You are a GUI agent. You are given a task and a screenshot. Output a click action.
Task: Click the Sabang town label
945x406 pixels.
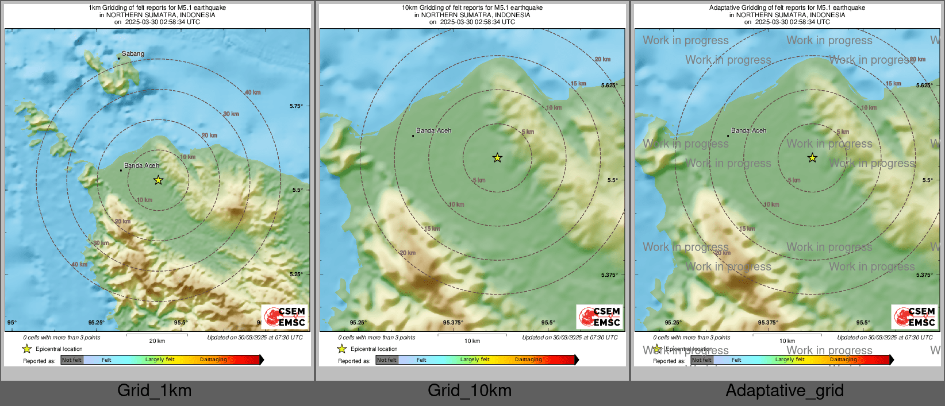pyautogui.click(x=133, y=53)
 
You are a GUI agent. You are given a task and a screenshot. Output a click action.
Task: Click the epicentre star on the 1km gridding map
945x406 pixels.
pyautogui.click(x=158, y=180)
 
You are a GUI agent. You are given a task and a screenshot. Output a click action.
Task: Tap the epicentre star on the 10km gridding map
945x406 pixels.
pyautogui.click(x=497, y=158)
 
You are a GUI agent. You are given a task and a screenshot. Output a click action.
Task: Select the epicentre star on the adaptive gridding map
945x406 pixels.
pyautogui.click(x=812, y=158)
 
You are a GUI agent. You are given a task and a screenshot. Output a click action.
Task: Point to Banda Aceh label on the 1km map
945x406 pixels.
pyautogui.click(x=141, y=165)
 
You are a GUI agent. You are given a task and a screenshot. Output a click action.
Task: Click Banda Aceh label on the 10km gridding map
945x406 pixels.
pyautogui.click(x=433, y=130)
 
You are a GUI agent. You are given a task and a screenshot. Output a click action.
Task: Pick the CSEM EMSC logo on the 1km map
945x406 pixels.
pyautogui.click(x=285, y=316)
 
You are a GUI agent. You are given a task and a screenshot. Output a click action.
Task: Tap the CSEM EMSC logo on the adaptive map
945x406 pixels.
pyautogui.click(x=915, y=316)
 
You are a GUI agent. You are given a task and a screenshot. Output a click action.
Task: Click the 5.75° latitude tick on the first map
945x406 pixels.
pyautogui.click(x=296, y=106)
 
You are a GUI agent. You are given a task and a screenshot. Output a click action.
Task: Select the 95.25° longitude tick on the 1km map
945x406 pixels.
pyautogui.click(x=97, y=323)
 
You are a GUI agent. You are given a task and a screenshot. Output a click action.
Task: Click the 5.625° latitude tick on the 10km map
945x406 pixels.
pyautogui.click(x=609, y=86)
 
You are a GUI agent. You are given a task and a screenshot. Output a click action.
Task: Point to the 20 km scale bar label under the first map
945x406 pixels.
pyautogui.click(x=157, y=341)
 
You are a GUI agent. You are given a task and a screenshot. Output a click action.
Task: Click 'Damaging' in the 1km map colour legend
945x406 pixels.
pyautogui.click(x=213, y=360)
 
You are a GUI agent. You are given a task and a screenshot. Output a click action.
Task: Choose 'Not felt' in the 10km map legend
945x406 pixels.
pyautogui.click(x=387, y=360)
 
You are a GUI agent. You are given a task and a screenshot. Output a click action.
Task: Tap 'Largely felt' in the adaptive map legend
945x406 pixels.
pyautogui.click(x=790, y=360)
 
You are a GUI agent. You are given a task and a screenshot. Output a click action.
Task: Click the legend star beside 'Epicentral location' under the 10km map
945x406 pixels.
pyautogui.click(x=342, y=349)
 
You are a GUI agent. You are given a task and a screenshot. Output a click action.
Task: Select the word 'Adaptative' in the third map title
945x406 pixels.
pyautogui.click(x=724, y=8)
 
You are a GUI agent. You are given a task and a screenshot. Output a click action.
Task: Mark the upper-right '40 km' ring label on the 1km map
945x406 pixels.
pyautogui.click(x=252, y=92)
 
